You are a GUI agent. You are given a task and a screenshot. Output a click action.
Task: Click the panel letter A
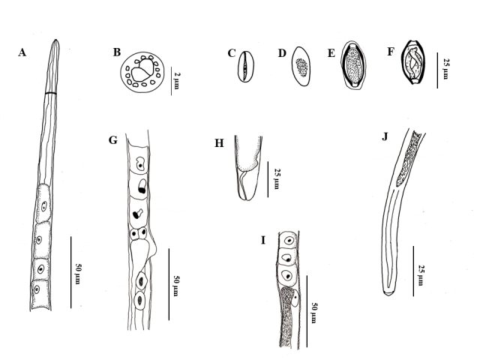click(22, 52)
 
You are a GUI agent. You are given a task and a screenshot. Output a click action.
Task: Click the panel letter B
click(117, 52)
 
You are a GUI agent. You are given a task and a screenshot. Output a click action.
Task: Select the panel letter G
click(113, 140)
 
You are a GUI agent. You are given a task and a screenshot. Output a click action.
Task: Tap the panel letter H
click(219, 143)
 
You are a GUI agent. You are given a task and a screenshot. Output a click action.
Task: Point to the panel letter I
click(263, 240)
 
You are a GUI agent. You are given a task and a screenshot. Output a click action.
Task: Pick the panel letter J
click(385, 136)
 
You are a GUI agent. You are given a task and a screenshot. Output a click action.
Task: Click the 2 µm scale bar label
click(177, 80)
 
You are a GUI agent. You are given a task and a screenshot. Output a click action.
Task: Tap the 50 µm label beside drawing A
click(78, 273)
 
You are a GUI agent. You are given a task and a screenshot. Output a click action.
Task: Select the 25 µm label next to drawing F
click(445, 69)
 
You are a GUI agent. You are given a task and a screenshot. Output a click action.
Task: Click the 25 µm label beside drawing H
click(277, 178)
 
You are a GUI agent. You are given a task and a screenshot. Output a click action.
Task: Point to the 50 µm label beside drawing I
click(314, 313)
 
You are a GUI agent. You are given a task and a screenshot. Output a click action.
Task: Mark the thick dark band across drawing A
click(51, 93)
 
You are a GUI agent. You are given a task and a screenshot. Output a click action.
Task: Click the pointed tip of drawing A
click(55, 40)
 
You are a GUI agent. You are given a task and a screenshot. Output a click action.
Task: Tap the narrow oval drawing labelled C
click(245, 67)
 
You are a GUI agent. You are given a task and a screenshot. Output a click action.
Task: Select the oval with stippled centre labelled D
click(301, 66)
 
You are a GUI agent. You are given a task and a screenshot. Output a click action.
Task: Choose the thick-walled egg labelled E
click(354, 65)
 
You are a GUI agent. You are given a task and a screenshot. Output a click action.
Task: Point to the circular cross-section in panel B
click(142, 72)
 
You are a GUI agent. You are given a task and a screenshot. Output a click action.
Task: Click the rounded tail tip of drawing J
click(388, 294)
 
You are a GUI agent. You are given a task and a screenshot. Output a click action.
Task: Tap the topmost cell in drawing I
click(288, 240)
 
